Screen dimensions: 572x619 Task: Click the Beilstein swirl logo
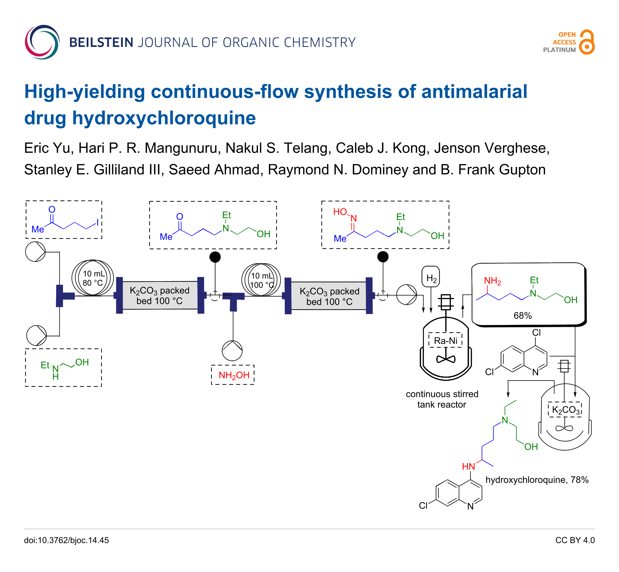(42, 42)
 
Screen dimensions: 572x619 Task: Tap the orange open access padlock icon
(586, 42)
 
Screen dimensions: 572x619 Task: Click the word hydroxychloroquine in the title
(164, 118)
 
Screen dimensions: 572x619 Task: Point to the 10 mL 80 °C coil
(92, 278)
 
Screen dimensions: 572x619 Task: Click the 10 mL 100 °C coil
(261, 280)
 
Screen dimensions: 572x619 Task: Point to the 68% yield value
(523, 316)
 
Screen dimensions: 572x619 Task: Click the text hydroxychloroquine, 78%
(537, 480)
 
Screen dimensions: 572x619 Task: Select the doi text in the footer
(67, 540)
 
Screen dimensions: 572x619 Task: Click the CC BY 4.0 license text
(575, 540)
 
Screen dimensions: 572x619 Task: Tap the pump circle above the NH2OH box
(232, 351)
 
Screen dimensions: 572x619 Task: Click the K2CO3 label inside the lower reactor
(565, 410)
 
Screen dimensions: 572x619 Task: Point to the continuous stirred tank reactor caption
(442, 399)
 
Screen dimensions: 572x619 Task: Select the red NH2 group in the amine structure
(492, 281)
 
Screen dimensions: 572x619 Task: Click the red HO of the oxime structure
(340, 212)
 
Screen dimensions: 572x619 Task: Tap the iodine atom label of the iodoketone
(98, 223)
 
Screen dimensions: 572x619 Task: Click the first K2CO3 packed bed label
(160, 296)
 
